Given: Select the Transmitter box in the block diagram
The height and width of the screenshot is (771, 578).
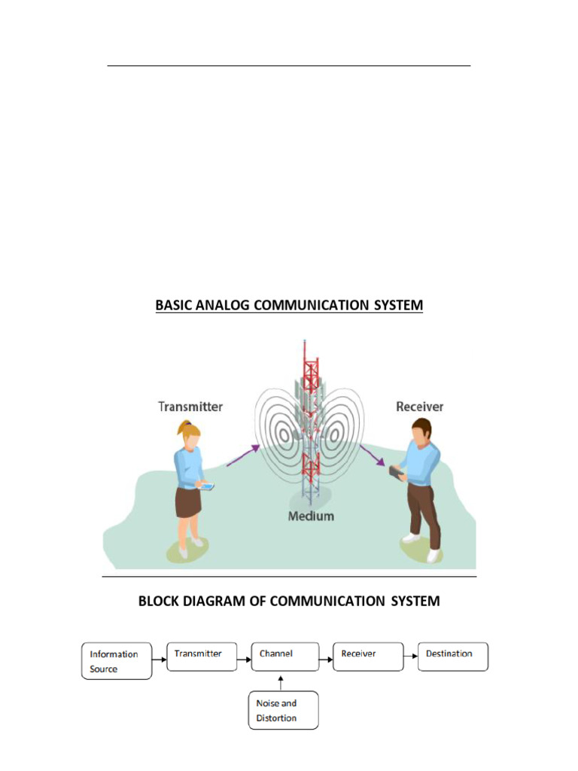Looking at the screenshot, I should [x=201, y=656].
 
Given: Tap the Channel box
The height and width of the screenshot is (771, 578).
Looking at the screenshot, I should [x=284, y=656].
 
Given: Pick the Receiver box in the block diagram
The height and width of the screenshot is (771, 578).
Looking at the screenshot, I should [x=367, y=656].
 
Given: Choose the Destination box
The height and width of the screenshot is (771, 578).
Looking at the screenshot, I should [x=452, y=656].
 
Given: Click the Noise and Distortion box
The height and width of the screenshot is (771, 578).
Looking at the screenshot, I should [x=283, y=710].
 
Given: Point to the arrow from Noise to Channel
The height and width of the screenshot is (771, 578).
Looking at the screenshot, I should [x=281, y=682].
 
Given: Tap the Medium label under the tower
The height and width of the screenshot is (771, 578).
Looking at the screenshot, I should [x=311, y=517].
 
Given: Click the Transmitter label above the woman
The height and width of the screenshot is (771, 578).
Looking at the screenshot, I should [x=190, y=407].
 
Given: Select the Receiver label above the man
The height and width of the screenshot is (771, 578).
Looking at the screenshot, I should [x=419, y=407].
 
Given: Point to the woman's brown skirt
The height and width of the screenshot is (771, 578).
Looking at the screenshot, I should [x=188, y=502].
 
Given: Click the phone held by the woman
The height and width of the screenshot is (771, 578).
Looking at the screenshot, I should [x=206, y=486].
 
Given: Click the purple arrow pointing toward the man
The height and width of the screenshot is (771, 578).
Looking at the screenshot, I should [x=372, y=455].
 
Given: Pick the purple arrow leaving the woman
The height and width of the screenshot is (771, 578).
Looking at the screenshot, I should [x=243, y=454].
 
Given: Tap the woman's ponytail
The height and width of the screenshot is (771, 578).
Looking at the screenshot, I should [x=181, y=428].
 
